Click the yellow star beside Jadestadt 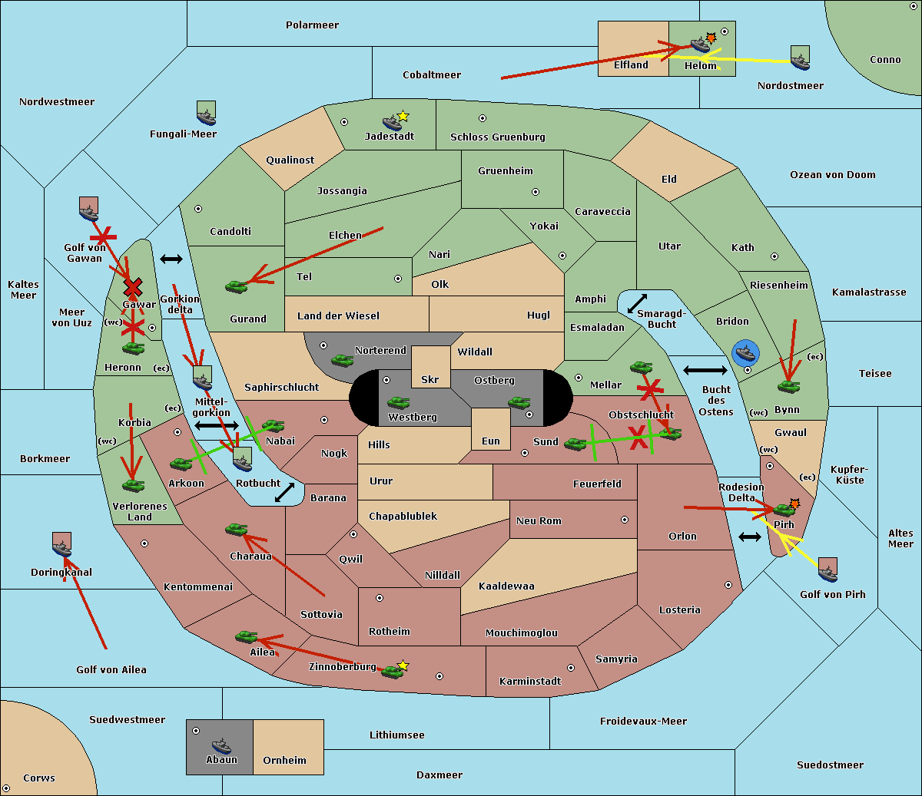tap(403, 117)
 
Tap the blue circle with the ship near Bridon tap(745, 353)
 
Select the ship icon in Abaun tap(222, 745)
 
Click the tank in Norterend tap(342, 360)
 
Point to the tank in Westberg tap(398, 403)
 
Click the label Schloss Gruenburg tap(498, 137)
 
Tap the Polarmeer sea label tap(312, 25)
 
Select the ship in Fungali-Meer tap(206, 113)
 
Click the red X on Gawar tap(133, 288)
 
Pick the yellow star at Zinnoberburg tap(403, 666)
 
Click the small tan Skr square tap(430, 367)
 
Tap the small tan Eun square tap(491, 429)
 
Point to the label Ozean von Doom tap(833, 175)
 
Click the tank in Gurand tap(237, 286)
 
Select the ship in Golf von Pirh tap(828, 570)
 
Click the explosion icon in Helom tap(711, 38)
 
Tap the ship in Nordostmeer tap(801, 58)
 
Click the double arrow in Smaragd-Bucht tap(637, 303)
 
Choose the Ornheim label tap(284, 760)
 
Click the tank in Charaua tap(237, 530)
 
